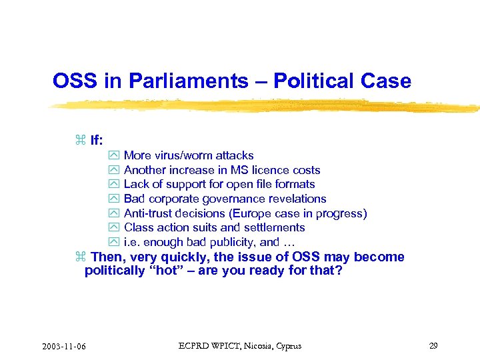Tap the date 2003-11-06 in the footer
[x=68, y=346]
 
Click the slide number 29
[x=433, y=345]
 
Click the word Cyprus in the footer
[x=287, y=345]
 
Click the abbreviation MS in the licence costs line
[x=239, y=170]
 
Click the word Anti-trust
[x=147, y=213]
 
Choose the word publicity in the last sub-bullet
[x=232, y=243]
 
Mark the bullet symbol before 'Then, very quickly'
[x=81, y=257]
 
